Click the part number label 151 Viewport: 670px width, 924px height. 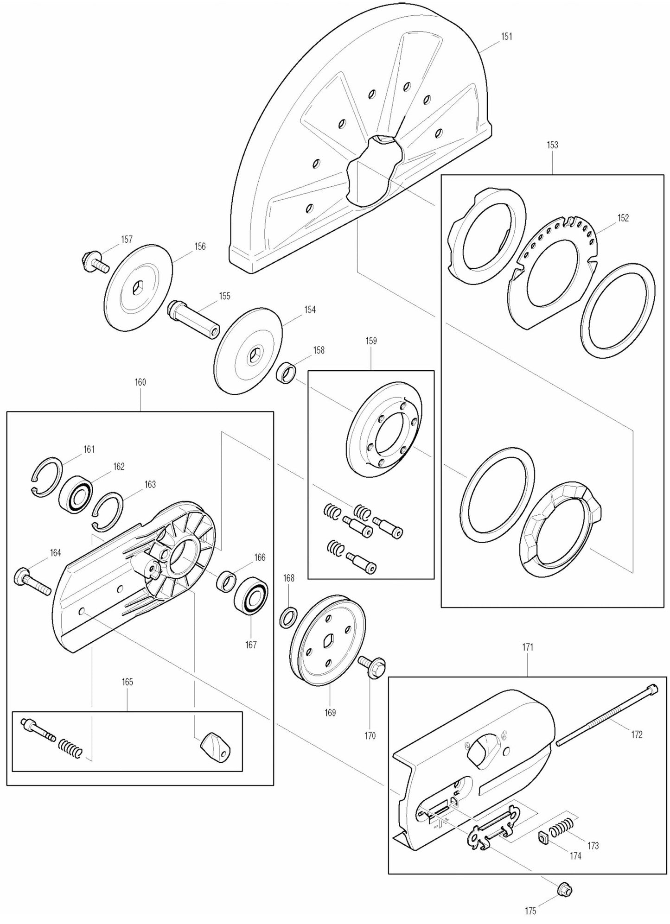click(507, 36)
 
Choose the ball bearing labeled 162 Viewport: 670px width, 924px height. click(76, 495)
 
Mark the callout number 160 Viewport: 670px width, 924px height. click(140, 382)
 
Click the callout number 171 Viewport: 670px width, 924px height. click(528, 647)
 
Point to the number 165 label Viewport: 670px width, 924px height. click(128, 682)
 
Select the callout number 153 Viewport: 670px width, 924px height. click(552, 145)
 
